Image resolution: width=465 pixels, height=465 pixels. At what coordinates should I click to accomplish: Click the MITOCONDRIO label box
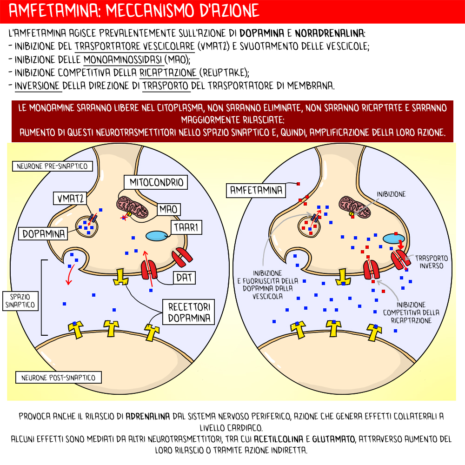click(156, 182)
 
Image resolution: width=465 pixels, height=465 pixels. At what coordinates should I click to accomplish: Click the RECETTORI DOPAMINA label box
click(189, 312)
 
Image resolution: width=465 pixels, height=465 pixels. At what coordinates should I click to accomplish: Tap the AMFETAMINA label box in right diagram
click(256, 190)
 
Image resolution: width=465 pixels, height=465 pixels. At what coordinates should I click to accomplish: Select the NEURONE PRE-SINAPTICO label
click(52, 166)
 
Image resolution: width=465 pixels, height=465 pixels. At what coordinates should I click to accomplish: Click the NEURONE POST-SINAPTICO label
click(58, 377)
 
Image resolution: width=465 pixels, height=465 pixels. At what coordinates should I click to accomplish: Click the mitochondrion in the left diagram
click(132, 207)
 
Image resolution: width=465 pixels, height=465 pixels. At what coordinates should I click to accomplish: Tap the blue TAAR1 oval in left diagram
click(158, 236)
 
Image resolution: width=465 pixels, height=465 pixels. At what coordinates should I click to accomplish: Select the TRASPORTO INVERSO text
click(431, 262)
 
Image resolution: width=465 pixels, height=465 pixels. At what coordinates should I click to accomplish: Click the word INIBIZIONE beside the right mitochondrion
click(391, 194)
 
